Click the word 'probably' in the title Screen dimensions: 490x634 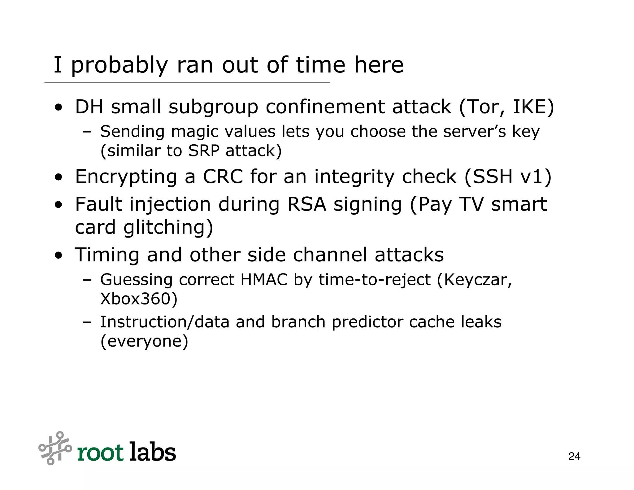tap(119, 66)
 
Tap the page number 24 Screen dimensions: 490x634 tap(574, 457)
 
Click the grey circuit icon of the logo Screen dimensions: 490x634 tap(55, 448)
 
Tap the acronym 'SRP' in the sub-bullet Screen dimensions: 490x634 tap(203, 151)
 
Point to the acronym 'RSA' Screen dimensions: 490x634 tap(306, 204)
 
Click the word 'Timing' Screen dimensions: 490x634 tap(107, 255)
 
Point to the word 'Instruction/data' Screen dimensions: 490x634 tap(165, 322)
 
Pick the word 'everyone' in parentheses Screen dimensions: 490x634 tap(144, 342)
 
